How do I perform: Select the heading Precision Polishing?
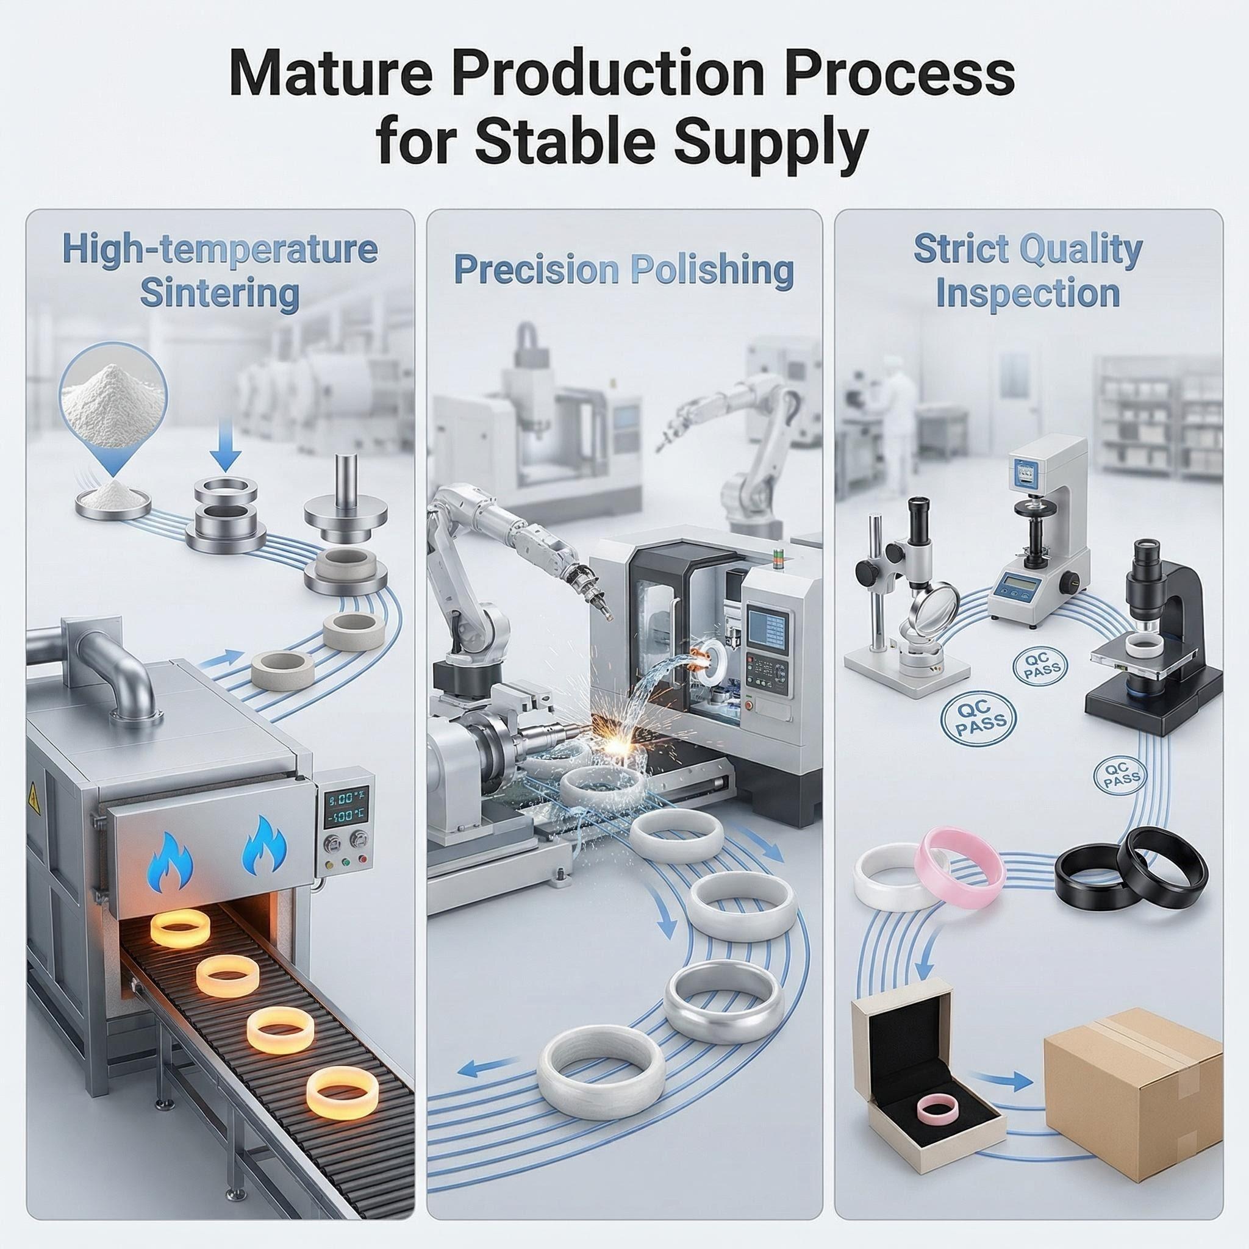tap(624, 270)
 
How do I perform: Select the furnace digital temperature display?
tap(346, 809)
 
